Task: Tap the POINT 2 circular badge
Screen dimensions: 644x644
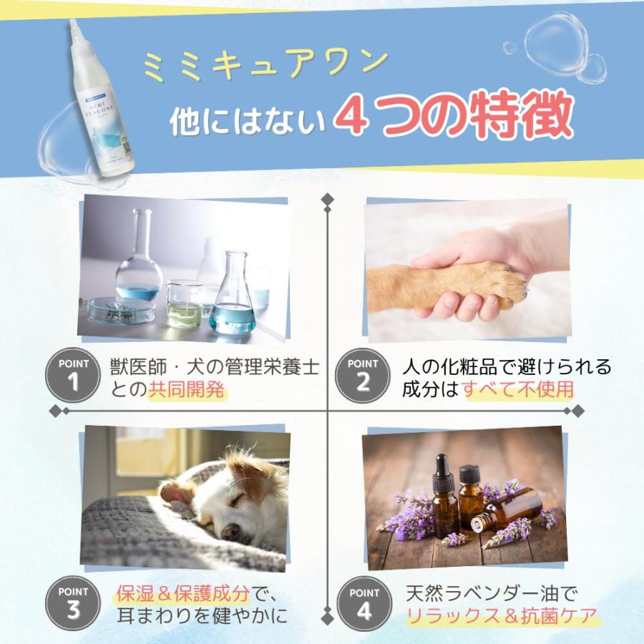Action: (x=364, y=375)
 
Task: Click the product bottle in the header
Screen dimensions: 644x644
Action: (x=100, y=100)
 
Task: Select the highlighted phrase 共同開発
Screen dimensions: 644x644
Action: (x=187, y=390)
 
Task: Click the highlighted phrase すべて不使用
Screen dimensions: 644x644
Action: (x=519, y=390)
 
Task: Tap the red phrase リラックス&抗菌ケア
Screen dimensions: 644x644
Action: (x=501, y=616)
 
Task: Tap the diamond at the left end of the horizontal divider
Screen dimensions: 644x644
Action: (x=55, y=410)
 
